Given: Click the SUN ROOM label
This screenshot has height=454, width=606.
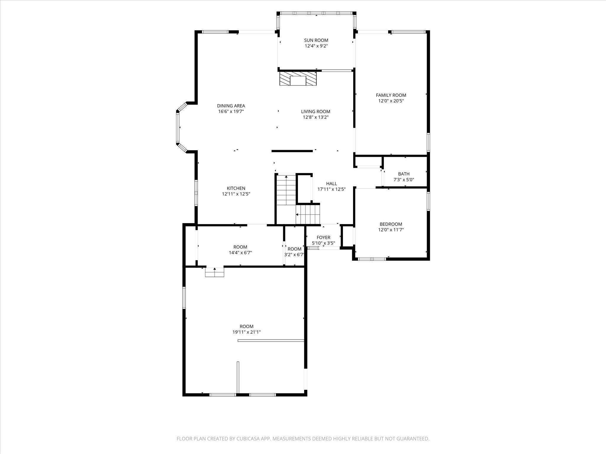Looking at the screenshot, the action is pyautogui.click(x=316, y=40).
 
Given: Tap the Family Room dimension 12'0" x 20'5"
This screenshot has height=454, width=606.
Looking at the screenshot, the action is pyautogui.click(x=391, y=101).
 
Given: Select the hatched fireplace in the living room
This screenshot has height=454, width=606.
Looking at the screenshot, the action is pyautogui.click(x=298, y=79).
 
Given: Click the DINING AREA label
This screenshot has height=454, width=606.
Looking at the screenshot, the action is pyautogui.click(x=231, y=106).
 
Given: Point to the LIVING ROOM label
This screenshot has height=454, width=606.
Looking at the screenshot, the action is pyautogui.click(x=315, y=111).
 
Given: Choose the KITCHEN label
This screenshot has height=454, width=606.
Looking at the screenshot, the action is pyautogui.click(x=236, y=188).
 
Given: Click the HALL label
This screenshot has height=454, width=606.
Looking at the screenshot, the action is pyautogui.click(x=331, y=184).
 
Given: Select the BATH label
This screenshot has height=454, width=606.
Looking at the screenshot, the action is pyautogui.click(x=404, y=174).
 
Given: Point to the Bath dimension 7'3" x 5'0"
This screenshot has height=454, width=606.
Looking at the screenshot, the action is pyautogui.click(x=404, y=179).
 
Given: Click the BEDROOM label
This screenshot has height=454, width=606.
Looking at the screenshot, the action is pyautogui.click(x=391, y=224).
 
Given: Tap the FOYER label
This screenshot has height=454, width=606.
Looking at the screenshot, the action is pyautogui.click(x=323, y=237).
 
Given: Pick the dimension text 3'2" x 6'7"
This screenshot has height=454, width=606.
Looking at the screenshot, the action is pyautogui.click(x=294, y=254).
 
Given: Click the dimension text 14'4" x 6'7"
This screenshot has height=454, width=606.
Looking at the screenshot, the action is pyautogui.click(x=240, y=253).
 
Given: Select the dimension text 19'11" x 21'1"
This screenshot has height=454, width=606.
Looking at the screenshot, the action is pyautogui.click(x=246, y=332).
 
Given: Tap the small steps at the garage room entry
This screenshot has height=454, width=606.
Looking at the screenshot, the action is pyautogui.click(x=215, y=272).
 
